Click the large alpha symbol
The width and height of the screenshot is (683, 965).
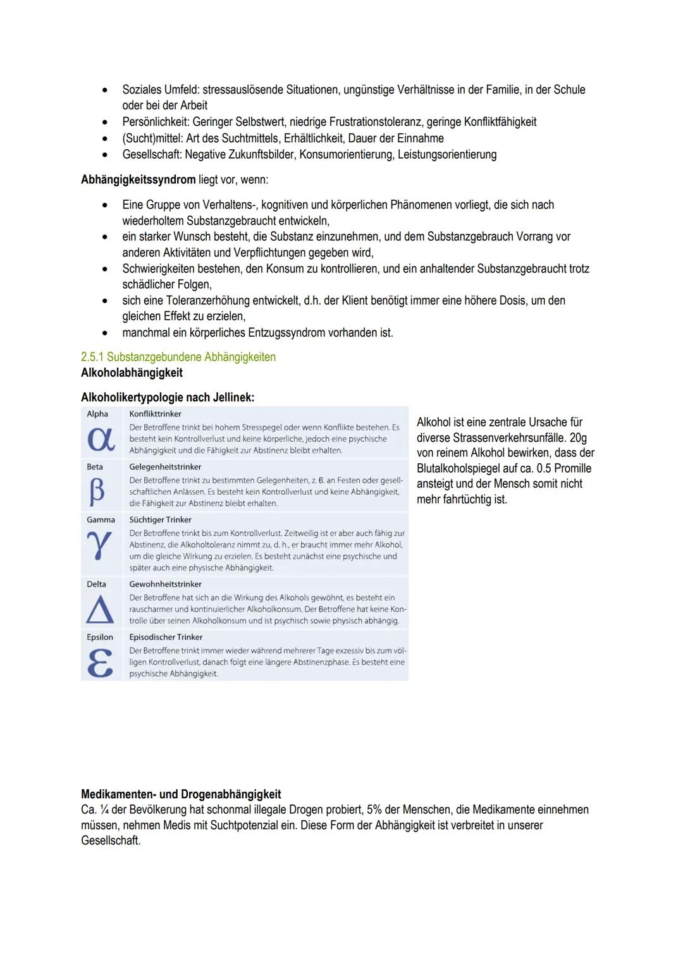pos(101,440)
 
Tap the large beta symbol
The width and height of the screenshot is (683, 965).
pos(97,492)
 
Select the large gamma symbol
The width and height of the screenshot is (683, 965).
pos(100,545)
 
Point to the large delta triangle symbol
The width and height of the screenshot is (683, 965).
pos(99,609)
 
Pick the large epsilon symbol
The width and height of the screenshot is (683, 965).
pos(100,662)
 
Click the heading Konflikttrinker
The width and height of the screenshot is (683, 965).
pos(155,414)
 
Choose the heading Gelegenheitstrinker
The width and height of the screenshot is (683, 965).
pos(165,467)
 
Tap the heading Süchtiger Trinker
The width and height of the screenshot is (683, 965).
pos(160,519)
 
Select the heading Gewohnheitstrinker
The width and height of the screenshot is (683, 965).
pos(165,584)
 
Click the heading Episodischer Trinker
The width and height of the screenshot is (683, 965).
pos(166,637)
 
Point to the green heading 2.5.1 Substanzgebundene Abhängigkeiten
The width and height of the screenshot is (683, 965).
pos(178,357)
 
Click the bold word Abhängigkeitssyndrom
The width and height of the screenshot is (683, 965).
pos(138,179)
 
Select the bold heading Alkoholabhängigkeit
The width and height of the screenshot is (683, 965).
pos(132,373)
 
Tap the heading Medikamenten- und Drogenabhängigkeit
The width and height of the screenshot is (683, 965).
pos(181,794)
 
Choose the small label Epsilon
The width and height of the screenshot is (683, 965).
pos(100,637)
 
